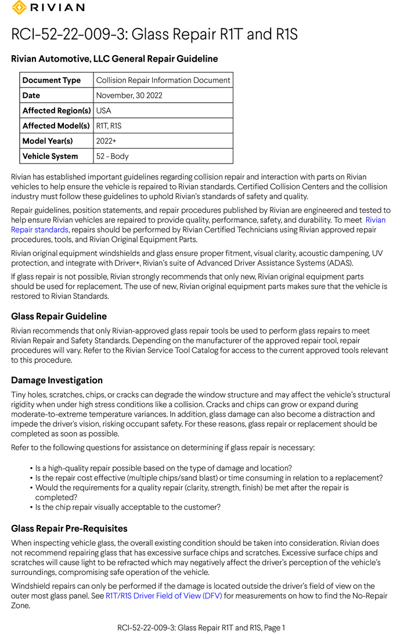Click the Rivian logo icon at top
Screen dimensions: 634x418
pos(19,8)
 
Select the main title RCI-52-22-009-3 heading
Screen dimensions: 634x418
pos(154,35)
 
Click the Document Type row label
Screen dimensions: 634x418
pos(52,80)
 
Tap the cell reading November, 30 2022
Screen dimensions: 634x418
pos(129,95)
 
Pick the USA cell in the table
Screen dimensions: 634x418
pos(104,110)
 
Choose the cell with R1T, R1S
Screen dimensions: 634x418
pos(109,125)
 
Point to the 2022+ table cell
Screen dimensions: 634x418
pos(106,141)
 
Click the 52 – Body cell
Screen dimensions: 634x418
pos(113,156)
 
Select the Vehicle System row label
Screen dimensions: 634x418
pos(50,156)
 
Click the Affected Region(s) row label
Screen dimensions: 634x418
pos(56,110)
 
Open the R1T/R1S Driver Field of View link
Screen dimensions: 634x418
pos(164,596)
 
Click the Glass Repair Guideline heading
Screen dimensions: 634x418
pos(59,316)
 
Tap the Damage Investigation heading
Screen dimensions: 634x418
pos(57,380)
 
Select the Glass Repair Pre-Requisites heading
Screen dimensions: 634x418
pos(69,528)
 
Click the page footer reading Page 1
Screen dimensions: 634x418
pos(201,627)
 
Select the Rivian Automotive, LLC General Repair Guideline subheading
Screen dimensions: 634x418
pos(114,59)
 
